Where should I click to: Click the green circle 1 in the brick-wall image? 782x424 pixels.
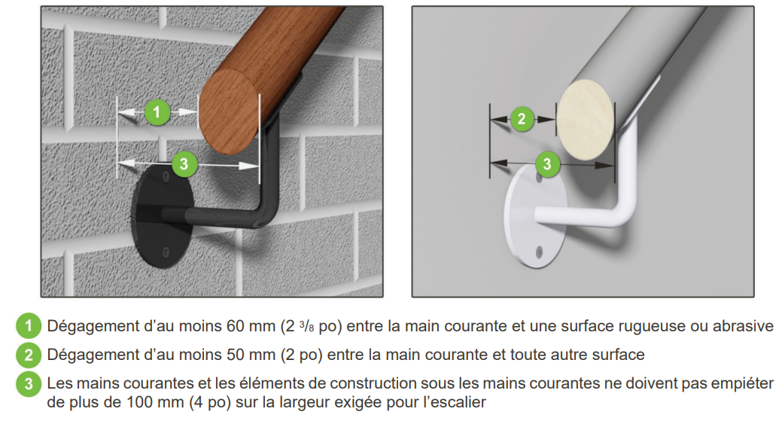(x=157, y=111)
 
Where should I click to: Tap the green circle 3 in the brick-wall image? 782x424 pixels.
(x=184, y=163)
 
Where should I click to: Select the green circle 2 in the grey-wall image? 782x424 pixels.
(x=522, y=119)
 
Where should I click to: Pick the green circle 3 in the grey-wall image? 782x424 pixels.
(x=547, y=163)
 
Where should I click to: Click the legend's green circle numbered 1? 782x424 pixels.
(x=29, y=326)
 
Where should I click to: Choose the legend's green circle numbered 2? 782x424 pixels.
(x=29, y=355)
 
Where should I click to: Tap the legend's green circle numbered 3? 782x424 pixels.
(x=29, y=383)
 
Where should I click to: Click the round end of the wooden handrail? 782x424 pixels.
(x=229, y=111)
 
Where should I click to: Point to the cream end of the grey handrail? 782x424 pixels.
(x=586, y=120)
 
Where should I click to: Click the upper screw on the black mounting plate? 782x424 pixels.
(x=165, y=176)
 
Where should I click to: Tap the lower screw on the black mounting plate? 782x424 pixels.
(x=166, y=252)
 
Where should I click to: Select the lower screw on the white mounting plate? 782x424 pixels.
(x=539, y=252)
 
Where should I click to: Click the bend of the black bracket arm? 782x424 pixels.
(x=265, y=212)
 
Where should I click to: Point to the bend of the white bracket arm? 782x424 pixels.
(x=625, y=212)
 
